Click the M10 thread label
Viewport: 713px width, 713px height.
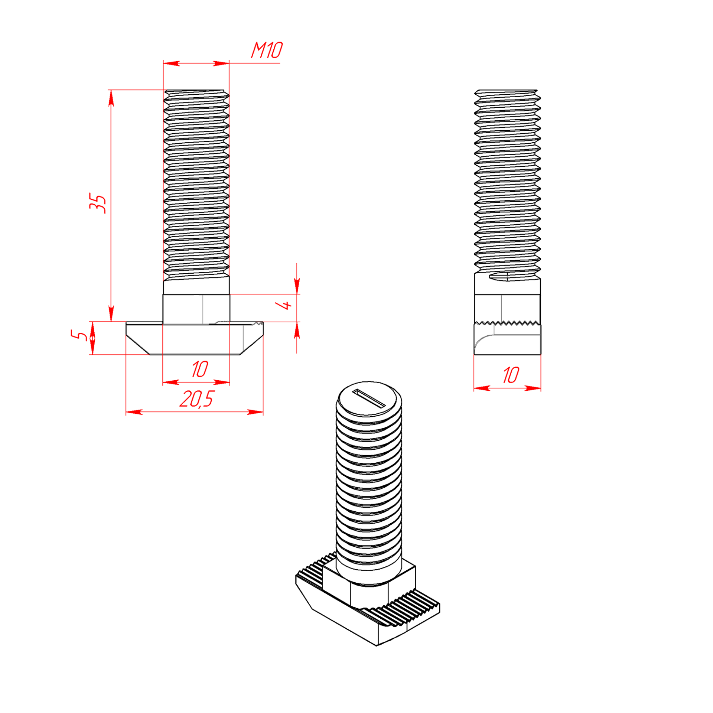(x=267, y=50)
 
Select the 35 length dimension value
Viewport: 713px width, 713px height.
(x=98, y=203)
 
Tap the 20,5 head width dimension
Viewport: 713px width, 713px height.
(x=196, y=399)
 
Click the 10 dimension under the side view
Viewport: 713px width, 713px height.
(x=511, y=375)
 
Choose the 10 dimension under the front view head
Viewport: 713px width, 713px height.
(x=200, y=369)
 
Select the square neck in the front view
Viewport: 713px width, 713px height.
(x=196, y=309)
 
